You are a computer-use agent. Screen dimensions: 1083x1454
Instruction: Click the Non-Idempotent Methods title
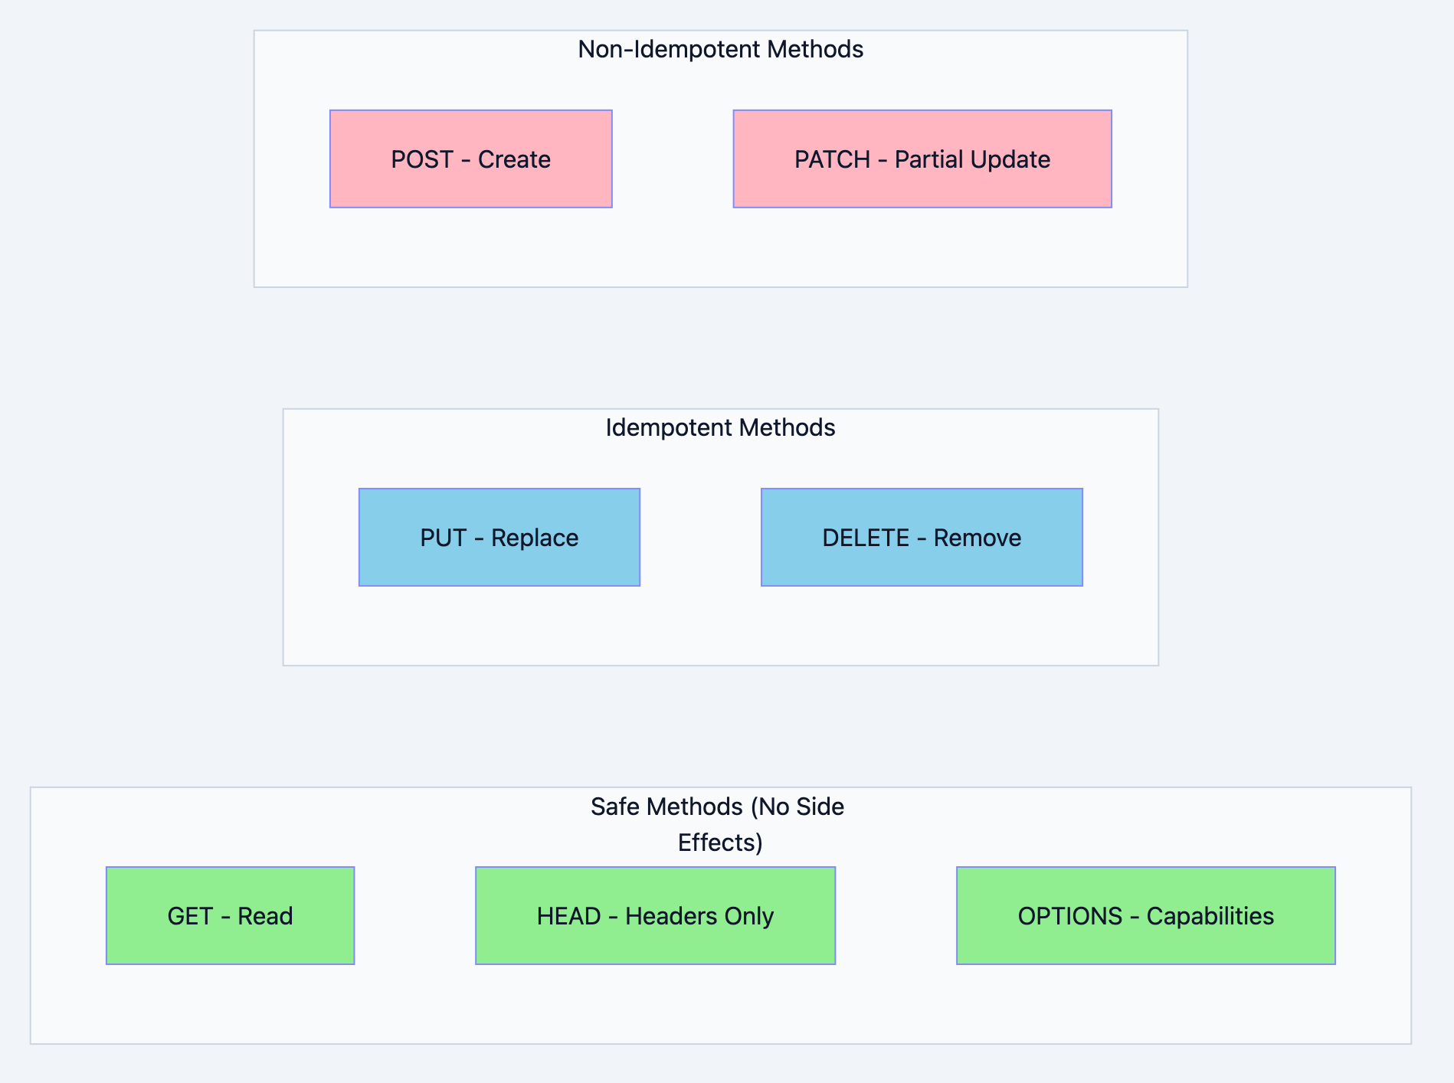pos(720,49)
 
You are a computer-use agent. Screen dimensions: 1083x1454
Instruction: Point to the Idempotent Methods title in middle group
pos(720,427)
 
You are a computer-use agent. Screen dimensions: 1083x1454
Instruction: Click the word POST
pos(422,159)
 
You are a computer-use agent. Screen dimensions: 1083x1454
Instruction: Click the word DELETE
pos(866,538)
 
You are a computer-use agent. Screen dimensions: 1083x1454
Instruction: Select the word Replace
pos(535,538)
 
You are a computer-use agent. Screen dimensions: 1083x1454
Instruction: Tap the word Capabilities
pos(1210,916)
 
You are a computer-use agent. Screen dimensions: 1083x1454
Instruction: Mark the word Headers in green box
pos(663,916)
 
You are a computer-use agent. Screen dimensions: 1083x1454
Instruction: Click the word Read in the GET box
pos(265,916)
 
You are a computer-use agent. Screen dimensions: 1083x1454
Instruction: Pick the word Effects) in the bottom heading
pos(720,843)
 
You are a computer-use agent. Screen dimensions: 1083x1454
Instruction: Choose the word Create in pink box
pos(514,159)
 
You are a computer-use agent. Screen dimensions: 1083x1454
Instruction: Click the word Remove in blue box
pos(977,538)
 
